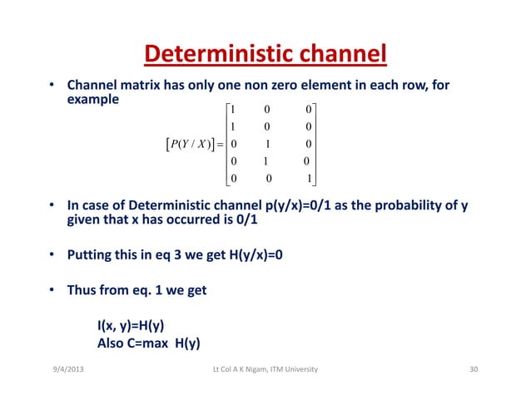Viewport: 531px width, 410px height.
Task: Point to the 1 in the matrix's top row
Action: [233, 108]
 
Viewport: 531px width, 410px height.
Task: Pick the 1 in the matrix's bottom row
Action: [310, 178]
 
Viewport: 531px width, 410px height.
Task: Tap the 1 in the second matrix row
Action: [233, 126]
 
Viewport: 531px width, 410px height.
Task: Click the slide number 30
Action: [475, 368]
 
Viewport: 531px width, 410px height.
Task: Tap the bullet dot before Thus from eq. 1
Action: [51, 291]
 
